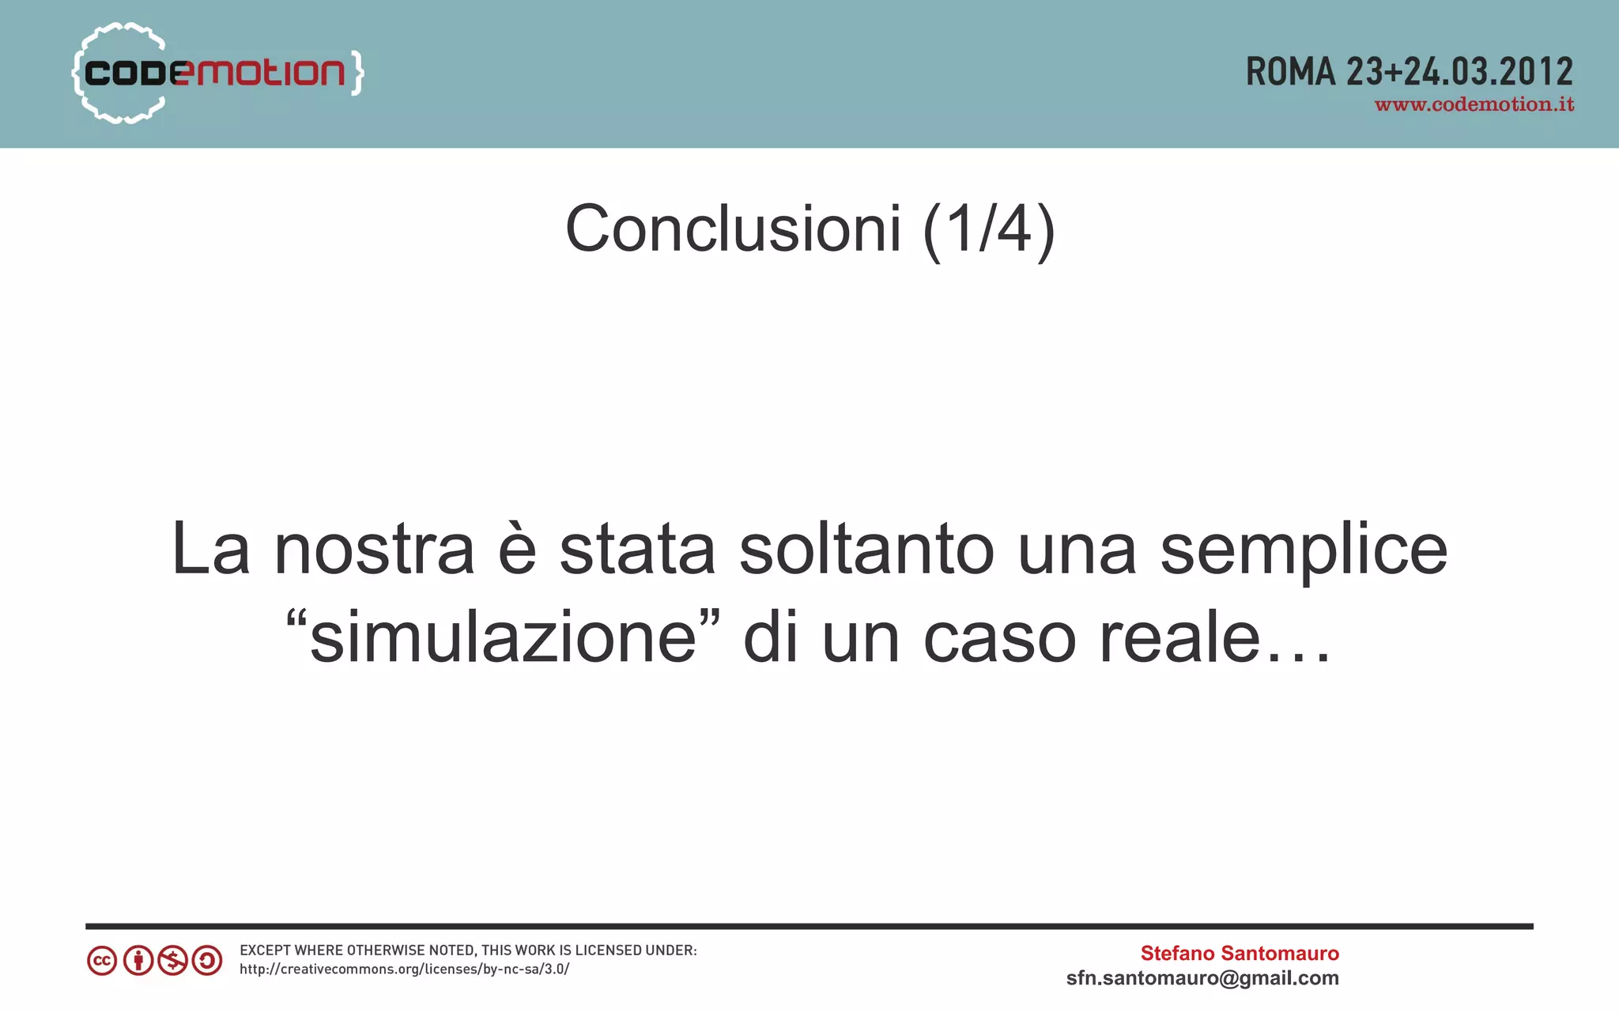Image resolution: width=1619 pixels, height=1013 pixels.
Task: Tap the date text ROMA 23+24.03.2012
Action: (x=1409, y=72)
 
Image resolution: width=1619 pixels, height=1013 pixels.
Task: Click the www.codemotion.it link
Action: (x=1474, y=105)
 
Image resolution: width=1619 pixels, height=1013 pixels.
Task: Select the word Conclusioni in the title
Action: (x=733, y=229)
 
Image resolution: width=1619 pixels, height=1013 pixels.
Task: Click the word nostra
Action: (x=374, y=550)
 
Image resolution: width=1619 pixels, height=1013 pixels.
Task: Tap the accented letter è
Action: (x=517, y=550)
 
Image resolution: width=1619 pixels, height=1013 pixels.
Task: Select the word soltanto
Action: (x=866, y=550)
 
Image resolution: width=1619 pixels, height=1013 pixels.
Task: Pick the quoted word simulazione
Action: (x=503, y=637)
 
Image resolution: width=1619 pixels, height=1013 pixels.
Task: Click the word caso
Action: (x=999, y=637)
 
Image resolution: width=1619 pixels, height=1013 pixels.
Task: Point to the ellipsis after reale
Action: (x=1298, y=656)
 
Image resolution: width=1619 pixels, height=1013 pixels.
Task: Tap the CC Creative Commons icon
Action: (x=102, y=961)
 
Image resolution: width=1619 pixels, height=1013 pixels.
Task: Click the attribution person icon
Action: (x=138, y=961)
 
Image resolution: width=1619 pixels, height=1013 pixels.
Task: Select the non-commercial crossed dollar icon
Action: (x=172, y=961)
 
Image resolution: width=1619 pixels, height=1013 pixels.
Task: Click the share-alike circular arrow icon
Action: (x=207, y=961)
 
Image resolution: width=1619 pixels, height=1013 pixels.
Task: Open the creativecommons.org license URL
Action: (x=404, y=970)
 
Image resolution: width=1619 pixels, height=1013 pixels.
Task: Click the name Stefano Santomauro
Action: (x=1239, y=953)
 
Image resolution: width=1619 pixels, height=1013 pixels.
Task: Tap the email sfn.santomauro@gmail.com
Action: (x=1202, y=978)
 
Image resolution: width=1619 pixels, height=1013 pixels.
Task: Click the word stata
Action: (x=637, y=550)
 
